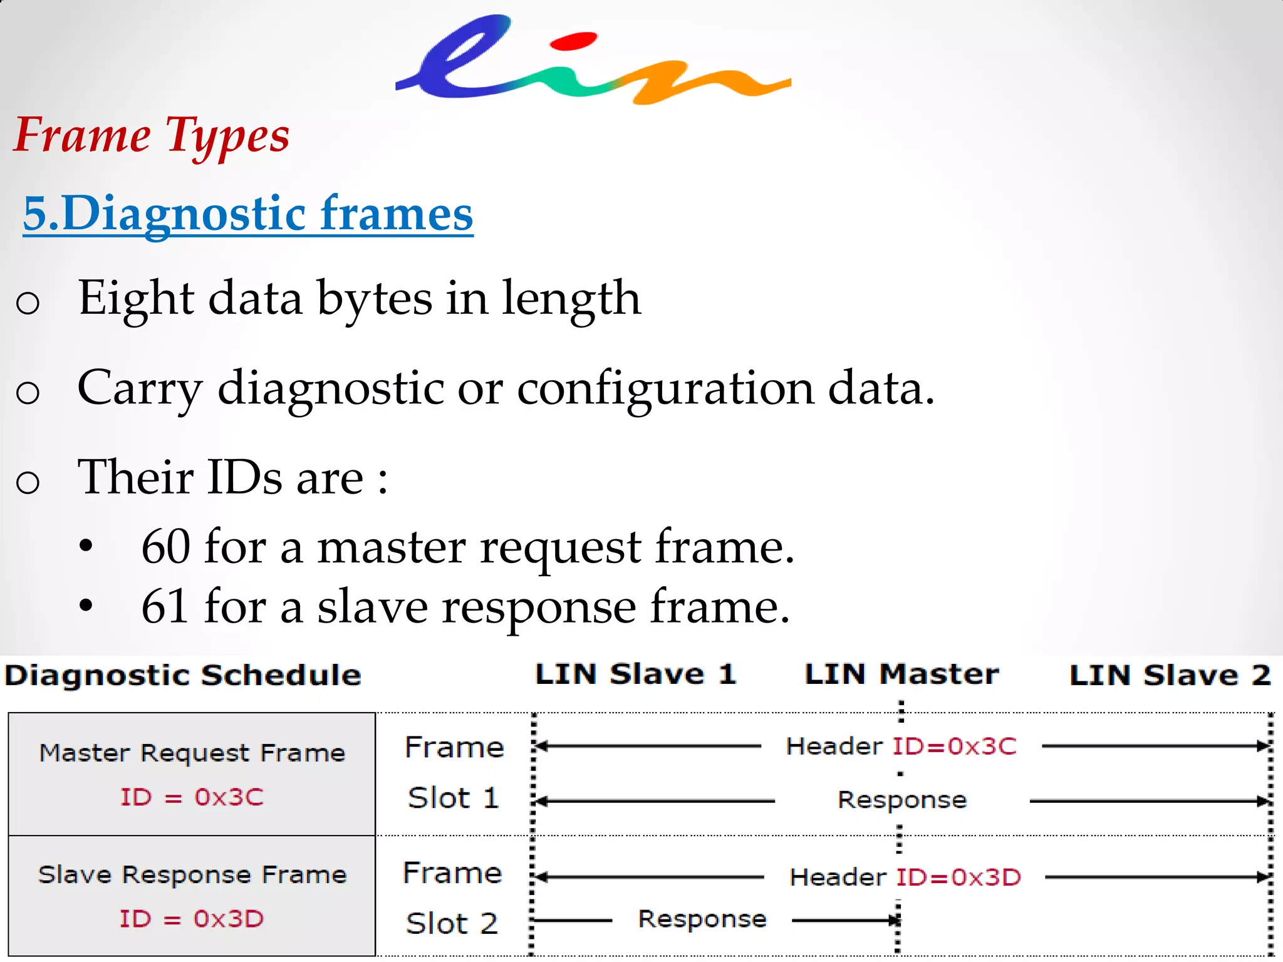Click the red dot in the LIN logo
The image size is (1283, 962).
573,41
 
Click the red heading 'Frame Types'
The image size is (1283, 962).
152,136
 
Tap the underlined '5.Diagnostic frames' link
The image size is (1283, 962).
248,214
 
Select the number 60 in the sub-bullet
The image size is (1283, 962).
165,547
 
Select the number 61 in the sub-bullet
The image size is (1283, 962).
165,606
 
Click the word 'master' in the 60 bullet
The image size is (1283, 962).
391,547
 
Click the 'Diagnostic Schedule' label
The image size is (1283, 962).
183,676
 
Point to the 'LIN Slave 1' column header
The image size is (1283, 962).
635,675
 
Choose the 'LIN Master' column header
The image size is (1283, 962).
901,675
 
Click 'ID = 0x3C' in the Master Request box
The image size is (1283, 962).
192,797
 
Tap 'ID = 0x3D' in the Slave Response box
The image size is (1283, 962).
192,919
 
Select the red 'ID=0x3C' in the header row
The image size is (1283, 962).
954,747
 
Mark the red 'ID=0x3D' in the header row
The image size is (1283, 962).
958,877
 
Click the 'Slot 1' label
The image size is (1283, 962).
453,799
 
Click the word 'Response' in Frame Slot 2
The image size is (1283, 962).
702,919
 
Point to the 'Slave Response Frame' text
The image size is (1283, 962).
192,874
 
